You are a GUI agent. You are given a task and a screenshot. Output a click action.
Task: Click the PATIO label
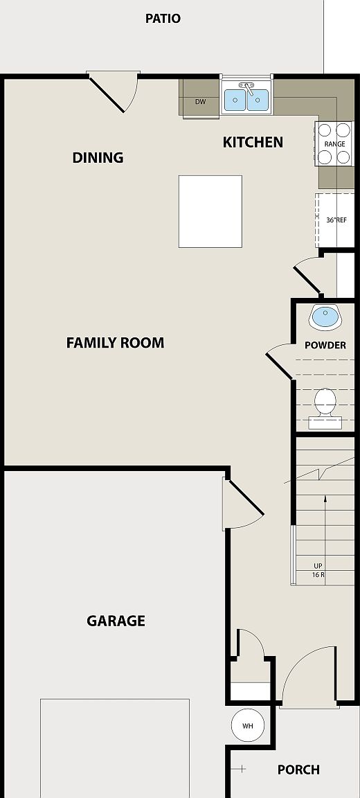point(163,19)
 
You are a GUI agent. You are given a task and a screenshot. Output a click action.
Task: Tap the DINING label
point(98,158)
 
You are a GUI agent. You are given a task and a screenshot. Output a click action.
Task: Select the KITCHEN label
point(253,143)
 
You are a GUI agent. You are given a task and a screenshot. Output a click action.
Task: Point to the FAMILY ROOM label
point(115,343)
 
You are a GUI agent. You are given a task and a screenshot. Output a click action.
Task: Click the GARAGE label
point(116,621)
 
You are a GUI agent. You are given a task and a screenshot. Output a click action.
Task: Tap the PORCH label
point(298,770)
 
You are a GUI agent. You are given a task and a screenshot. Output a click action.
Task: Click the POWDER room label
point(325,345)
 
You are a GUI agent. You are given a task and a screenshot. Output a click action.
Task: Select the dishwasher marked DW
point(200,103)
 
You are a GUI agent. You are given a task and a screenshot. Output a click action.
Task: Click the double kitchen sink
point(246,100)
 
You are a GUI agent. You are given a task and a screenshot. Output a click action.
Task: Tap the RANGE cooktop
point(334,143)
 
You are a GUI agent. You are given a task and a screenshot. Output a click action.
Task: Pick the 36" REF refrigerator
point(335,220)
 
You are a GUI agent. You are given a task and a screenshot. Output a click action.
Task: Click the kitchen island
point(210,211)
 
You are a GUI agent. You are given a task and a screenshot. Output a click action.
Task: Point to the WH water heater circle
point(247,726)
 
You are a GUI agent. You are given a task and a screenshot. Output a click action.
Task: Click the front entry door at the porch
point(308,675)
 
